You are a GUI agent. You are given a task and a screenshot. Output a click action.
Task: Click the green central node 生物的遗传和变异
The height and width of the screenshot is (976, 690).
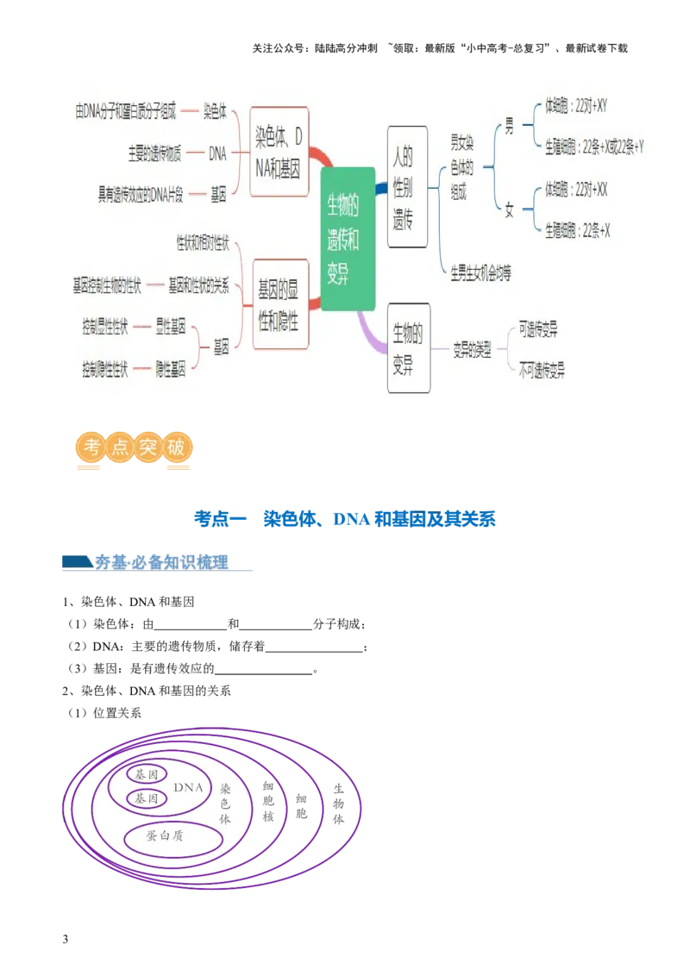tap(348, 239)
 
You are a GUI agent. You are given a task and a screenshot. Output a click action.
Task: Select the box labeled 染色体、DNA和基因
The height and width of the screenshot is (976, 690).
tap(279, 153)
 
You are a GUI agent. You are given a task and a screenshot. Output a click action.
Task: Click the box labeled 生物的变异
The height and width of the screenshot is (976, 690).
tap(408, 347)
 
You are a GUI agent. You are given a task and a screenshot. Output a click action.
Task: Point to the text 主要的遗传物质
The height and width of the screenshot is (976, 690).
tap(154, 154)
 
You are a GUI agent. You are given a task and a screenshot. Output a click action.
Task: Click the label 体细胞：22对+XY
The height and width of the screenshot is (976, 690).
tap(576, 106)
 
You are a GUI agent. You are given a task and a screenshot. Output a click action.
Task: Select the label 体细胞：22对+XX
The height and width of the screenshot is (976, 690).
tap(576, 190)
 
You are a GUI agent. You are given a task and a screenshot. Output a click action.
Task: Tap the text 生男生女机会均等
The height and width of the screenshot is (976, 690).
tap(480, 274)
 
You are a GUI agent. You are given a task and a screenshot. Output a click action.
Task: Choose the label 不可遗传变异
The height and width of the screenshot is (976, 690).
tap(542, 372)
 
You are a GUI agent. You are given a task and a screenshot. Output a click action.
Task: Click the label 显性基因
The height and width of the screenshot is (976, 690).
tap(171, 328)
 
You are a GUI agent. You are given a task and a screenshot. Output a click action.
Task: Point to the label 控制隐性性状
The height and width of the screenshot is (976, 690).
tap(105, 369)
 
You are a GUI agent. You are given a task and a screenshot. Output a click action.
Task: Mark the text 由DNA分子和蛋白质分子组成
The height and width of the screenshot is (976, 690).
tap(126, 111)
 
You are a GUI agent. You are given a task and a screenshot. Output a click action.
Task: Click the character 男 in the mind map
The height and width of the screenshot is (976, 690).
tap(509, 127)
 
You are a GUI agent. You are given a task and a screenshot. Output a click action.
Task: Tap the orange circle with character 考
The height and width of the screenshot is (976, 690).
tap(90, 448)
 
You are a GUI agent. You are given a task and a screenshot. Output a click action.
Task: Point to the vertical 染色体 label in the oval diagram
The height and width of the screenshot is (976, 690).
tap(226, 804)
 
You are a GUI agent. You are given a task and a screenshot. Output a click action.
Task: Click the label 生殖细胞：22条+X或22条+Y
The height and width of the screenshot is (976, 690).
tap(594, 147)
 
